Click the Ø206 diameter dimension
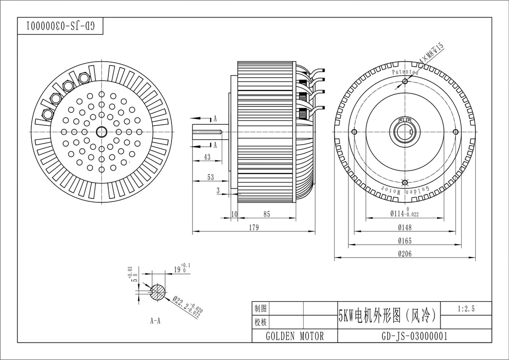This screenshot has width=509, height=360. (x=405, y=254)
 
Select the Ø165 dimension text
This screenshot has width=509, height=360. (x=405, y=241)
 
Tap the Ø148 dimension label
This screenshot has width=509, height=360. (x=405, y=227)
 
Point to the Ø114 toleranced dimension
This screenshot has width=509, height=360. (x=404, y=213)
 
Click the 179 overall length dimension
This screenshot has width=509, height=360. (x=254, y=227)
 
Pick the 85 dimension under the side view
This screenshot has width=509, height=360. (x=267, y=214)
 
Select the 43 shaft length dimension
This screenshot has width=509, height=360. (x=207, y=157)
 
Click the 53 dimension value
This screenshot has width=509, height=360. (x=211, y=177)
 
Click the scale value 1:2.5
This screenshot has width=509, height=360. (x=466, y=309)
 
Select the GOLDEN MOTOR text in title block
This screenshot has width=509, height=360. (x=295, y=336)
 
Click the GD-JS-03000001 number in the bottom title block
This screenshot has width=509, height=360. (x=414, y=336)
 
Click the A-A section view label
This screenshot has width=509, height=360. (x=155, y=321)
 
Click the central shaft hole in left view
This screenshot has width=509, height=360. (x=102, y=131)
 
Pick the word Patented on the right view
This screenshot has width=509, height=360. (x=405, y=72)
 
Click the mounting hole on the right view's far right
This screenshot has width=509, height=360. (x=455, y=131)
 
